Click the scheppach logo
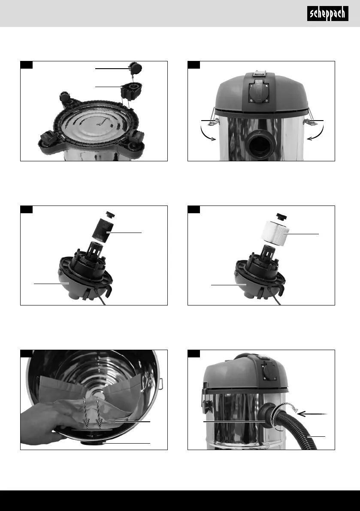click(327, 13)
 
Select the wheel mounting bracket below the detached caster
click(131, 91)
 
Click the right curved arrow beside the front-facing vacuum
click(316, 133)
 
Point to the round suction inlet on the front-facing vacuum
click(260, 144)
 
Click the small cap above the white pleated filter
click(282, 216)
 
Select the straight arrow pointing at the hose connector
click(312, 414)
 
